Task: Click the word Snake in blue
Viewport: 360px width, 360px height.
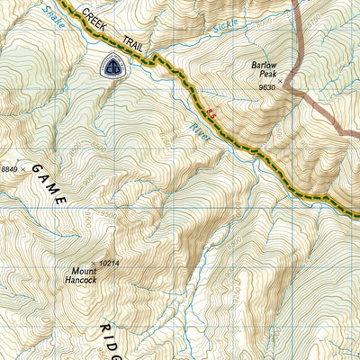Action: (x=54, y=17)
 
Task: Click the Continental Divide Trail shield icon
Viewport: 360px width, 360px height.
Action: (x=112, y=67)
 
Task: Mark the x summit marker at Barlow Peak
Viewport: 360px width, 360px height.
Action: (x=280, y=82)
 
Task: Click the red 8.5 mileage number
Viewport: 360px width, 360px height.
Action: (x=211, y=112)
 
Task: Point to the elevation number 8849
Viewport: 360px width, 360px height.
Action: (x=10, y=168)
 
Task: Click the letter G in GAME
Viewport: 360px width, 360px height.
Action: (x=36, y=168)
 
